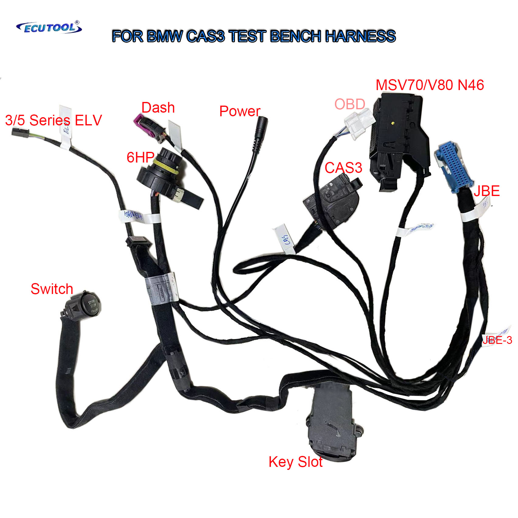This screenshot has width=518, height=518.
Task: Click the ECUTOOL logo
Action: pos(49,27)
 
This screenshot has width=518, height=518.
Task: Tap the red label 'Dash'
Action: pos(158,108)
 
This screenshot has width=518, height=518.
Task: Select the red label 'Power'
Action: pos(240,111)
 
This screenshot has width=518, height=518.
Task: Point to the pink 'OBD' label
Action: pos(350,104)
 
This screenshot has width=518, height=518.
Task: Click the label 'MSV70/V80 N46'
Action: pos(429,85)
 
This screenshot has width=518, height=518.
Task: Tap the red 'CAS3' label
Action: pos(343,168)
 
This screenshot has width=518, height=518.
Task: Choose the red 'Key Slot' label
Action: pos(295,462)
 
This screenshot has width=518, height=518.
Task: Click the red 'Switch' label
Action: pos(52,289)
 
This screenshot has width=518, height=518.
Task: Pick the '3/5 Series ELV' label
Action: pos(53,120)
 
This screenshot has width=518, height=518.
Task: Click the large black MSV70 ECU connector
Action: pos(399,137)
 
